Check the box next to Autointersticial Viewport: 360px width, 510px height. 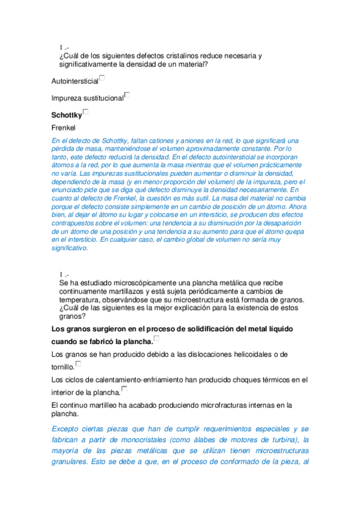(x=102, y=78)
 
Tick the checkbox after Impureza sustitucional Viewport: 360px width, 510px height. (x=127, y=95)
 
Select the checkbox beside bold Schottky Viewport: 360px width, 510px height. (x=87, y=112)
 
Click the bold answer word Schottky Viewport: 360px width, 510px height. (x=66, y=114)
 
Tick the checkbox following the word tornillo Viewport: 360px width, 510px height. (x=78, y=364)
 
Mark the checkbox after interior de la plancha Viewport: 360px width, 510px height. (x=124, y=390)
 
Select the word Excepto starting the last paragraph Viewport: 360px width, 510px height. (x=69, y=429)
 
